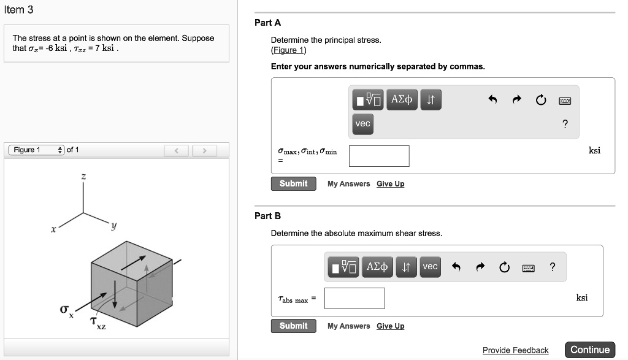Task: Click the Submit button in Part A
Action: coord(293,184)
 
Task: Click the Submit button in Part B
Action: coord(293,326)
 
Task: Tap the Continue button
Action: coord(589,350)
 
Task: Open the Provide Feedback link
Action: coord(515,350)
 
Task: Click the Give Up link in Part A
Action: coord(390,184)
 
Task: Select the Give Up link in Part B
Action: coord(390,326)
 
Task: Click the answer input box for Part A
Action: coord(379,156)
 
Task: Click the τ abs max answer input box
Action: coord(354,298)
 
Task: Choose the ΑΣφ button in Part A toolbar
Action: coord(402,99)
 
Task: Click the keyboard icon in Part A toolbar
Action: coord(565,100)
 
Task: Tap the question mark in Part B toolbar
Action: coord(553,266)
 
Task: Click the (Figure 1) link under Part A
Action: coord(288,50)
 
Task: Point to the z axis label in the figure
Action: coord(84,177)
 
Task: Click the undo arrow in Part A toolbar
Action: coord(492,100)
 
